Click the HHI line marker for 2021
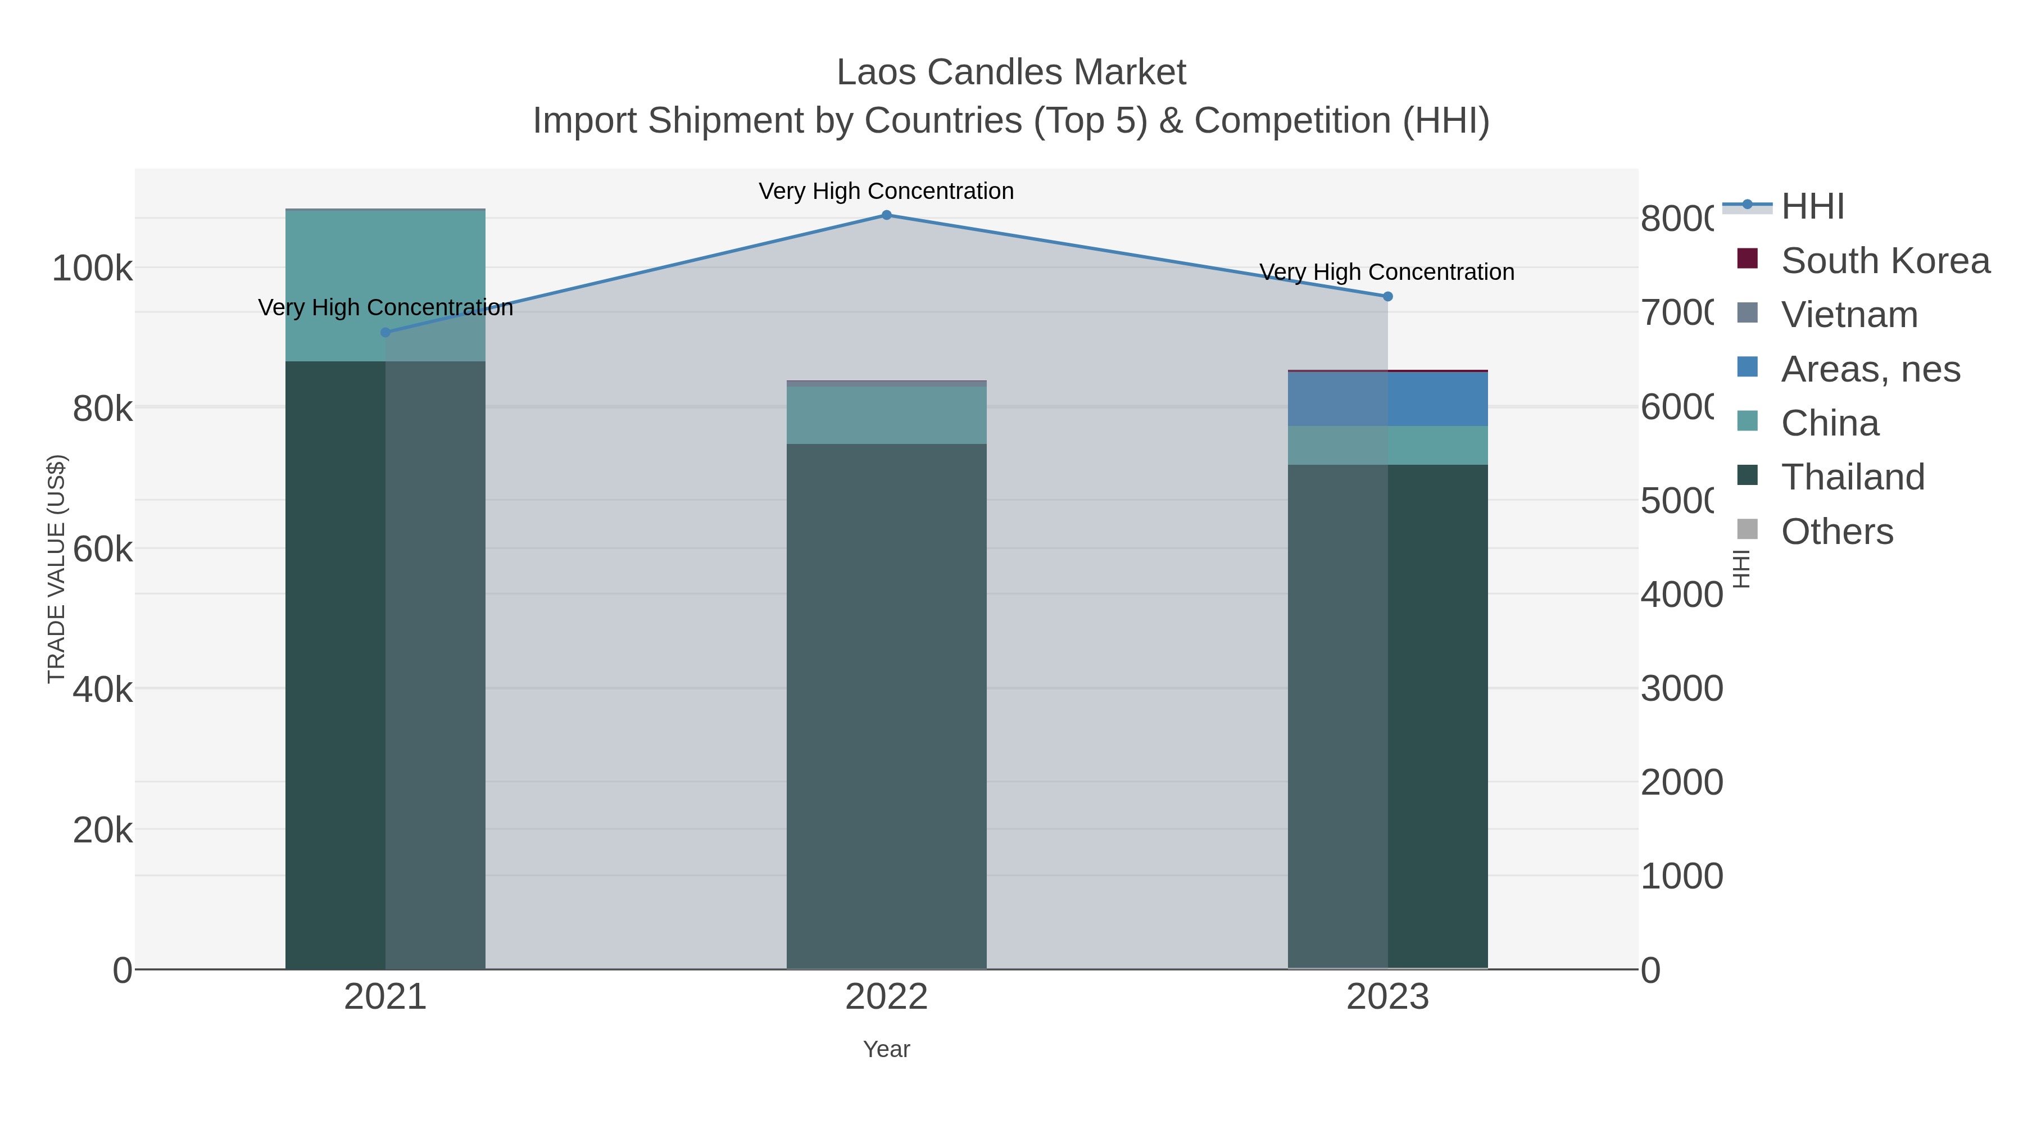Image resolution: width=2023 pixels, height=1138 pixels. tap(385, 332)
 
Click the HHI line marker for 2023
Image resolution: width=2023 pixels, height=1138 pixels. tap(1387, 296)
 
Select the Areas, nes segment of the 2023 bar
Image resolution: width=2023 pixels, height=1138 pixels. tap(1387, 399)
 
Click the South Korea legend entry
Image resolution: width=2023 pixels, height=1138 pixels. tap(1885, 261)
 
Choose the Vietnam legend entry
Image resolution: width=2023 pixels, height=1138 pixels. tap(1849, 315)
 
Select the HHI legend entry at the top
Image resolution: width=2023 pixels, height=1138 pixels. tap(1812, 207)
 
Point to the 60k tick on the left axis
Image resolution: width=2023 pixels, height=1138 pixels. tap(102, 549)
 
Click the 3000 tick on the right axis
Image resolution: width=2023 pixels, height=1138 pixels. tap(1681, 689)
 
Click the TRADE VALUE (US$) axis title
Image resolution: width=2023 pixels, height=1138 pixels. tap(57, 569)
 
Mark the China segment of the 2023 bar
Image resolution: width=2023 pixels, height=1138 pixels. tap(1387, 445)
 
